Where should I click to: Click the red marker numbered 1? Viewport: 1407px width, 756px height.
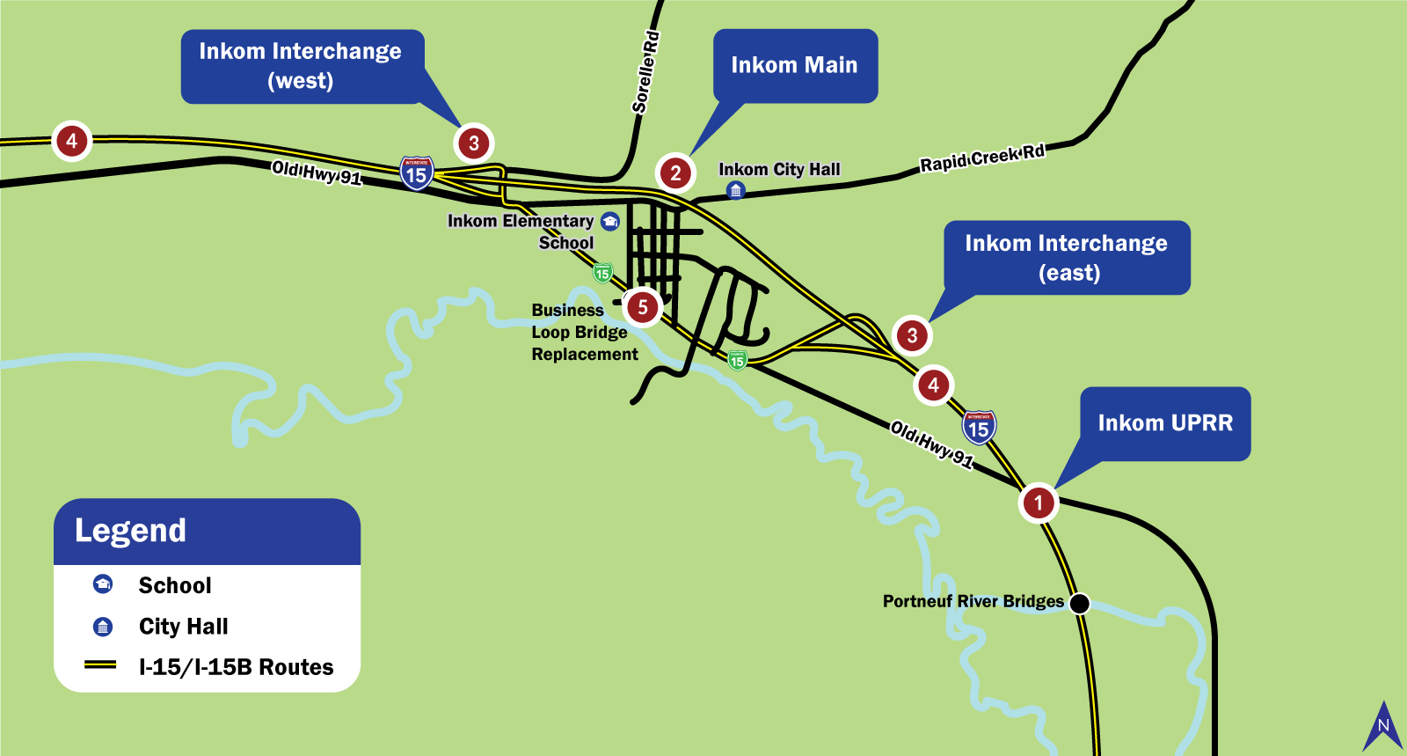pyautogui.click(x=1038, y=503)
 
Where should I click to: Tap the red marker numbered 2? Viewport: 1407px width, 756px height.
pyautogui.click(x=675, y=172)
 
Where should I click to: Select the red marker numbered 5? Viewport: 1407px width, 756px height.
pyautogui.click(x=643, y=307)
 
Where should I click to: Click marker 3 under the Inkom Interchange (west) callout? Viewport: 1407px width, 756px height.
pyautogui.click(x=474, y=143)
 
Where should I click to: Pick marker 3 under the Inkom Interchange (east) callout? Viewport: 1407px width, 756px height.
pyautogui.click(x=912, y=335)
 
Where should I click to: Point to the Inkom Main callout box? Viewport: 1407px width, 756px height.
pyautogui.click(x=794, y=66)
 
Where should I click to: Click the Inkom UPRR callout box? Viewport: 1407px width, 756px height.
pyautogui.click(x=1165, y=423)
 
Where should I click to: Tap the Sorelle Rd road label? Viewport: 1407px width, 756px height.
pyautogui.click(x=645, y=73)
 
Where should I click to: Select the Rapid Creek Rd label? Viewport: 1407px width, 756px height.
pyautogui.click(x=982, y=158)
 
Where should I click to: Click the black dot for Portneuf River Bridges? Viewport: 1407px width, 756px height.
pyautogui.click(x=1079, y=603)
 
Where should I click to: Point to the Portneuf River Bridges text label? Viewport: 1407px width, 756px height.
pyautogui.click(x=973, y=601)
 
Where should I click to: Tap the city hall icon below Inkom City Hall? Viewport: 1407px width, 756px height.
pyautogui.click(x=736, y=190)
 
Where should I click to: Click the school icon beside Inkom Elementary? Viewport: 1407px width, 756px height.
pyautogui.click(x=610, y=221)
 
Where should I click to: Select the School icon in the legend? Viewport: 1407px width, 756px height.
pyautogui.click(x=103, y=584)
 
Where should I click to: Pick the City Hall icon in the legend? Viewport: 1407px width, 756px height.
pyautogui.click(x=103, y=626)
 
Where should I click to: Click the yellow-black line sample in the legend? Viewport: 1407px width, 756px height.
pyautogui.click(x=100, y=665)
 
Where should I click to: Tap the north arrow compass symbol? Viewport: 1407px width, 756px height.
pyautogui.click(x=1383, y=727)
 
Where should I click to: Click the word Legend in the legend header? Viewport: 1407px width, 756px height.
pyautogui.click(x=130, y=531)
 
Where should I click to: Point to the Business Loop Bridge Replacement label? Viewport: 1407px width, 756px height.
pyautogui.click(x=584, y=333)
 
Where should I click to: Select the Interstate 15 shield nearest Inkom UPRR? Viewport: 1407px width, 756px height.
pyautogui.click(x=979, y=428)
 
